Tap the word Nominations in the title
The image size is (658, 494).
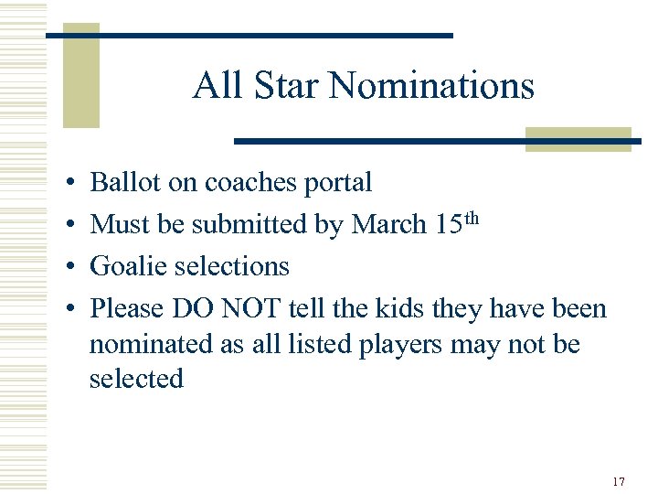pyautogui.click(x=431, y=86)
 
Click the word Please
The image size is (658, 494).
pyautogui.click(x=127, y=308)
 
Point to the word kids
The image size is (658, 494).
pyautogui.click(x=399, y=308)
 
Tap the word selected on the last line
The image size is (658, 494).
pyautogui.click(x=136, y=378)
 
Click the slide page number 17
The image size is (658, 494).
pyautogui.click(x=619, y=481)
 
